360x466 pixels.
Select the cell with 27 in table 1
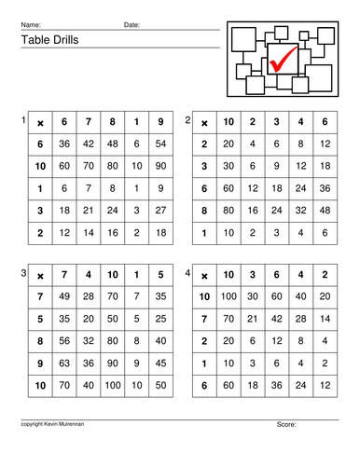(161, 211)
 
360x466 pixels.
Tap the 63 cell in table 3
(64, 363)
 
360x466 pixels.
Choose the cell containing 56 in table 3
(64, 340)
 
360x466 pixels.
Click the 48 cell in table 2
(324, 211)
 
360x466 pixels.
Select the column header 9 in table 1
(161, 121)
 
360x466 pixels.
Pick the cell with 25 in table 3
(161, 318)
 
